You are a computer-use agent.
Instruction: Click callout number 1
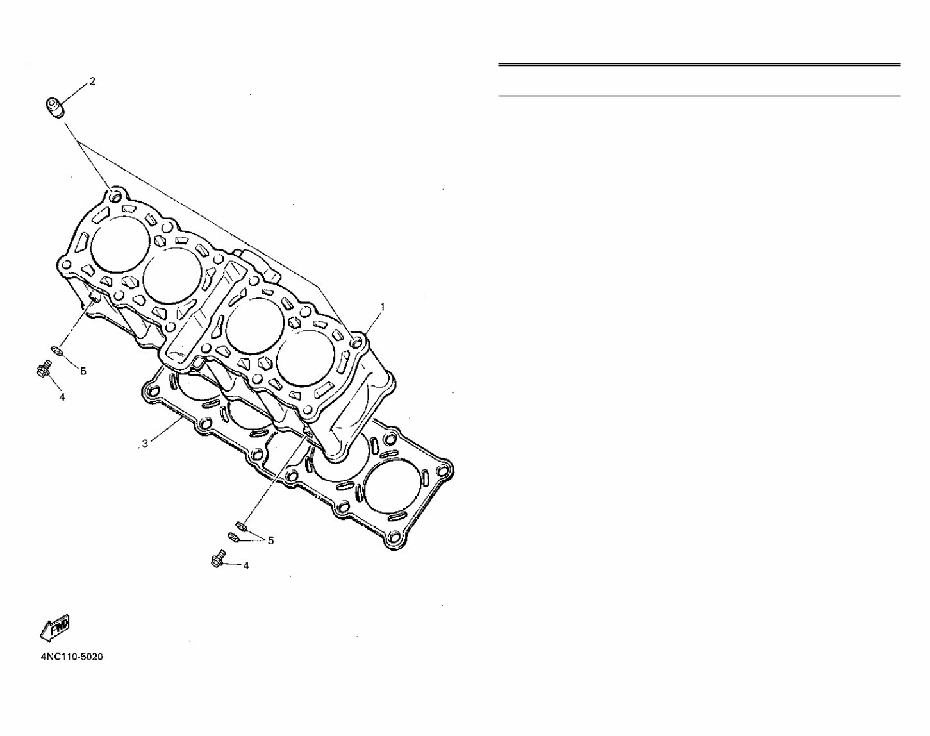click(383, 307)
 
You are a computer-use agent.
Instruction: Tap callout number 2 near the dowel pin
click(92, 81)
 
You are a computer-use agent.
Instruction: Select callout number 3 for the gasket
click(145, 444)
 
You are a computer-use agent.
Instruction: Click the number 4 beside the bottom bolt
click(246, 565)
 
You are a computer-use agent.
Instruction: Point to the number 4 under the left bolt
click(62, 397)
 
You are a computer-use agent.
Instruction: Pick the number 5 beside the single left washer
click(83, 371)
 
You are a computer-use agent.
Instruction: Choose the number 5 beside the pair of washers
click(270, 540)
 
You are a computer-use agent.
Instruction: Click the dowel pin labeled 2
click(56, 107)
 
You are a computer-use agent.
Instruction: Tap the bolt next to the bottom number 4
click(217, 560)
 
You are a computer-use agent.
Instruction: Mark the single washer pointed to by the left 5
click(56, 350)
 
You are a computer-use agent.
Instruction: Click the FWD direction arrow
click(55, 627)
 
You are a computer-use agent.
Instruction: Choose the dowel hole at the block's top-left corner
click(115, 196)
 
